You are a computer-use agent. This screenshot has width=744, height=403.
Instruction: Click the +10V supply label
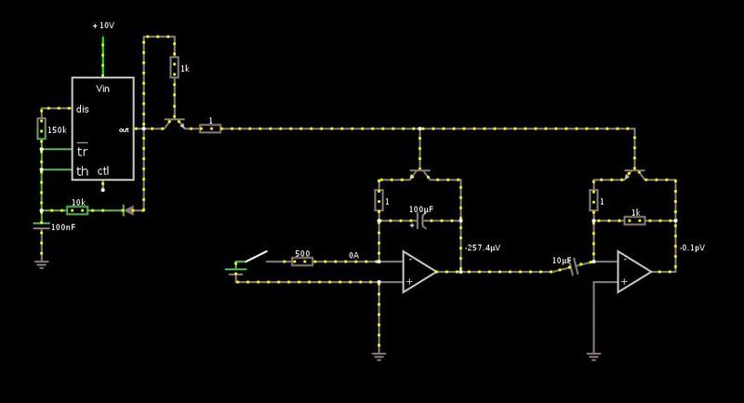pyautogui.click(x=103, y=25)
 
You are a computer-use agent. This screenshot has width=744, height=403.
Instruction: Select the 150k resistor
pyautogui.click(x=42, y=128)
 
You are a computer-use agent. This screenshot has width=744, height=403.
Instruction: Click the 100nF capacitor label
pyautogui.click(x=64, y=227)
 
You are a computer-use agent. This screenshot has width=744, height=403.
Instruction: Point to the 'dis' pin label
pyautogui.click(x=82, y=108)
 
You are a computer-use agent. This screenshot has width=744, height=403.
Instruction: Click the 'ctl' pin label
pyautogui.click(x=103, y=170)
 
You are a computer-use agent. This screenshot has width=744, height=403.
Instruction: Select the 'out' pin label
pyautogui.click(x=125, y=129)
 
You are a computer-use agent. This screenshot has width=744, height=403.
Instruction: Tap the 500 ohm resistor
pyautogui.click(x=302, y=262)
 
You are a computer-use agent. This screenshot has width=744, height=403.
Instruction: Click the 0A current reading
pyautogui.click(x=354, y=253)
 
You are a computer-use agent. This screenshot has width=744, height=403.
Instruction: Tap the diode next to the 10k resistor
pyautogui.click(x=129, y=209)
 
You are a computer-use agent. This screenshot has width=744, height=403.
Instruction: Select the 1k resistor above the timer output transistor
pyautogui.click(x=174, y=68)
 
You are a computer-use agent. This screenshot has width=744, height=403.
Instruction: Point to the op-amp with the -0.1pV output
pyautogui.click(x=632, y=273)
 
